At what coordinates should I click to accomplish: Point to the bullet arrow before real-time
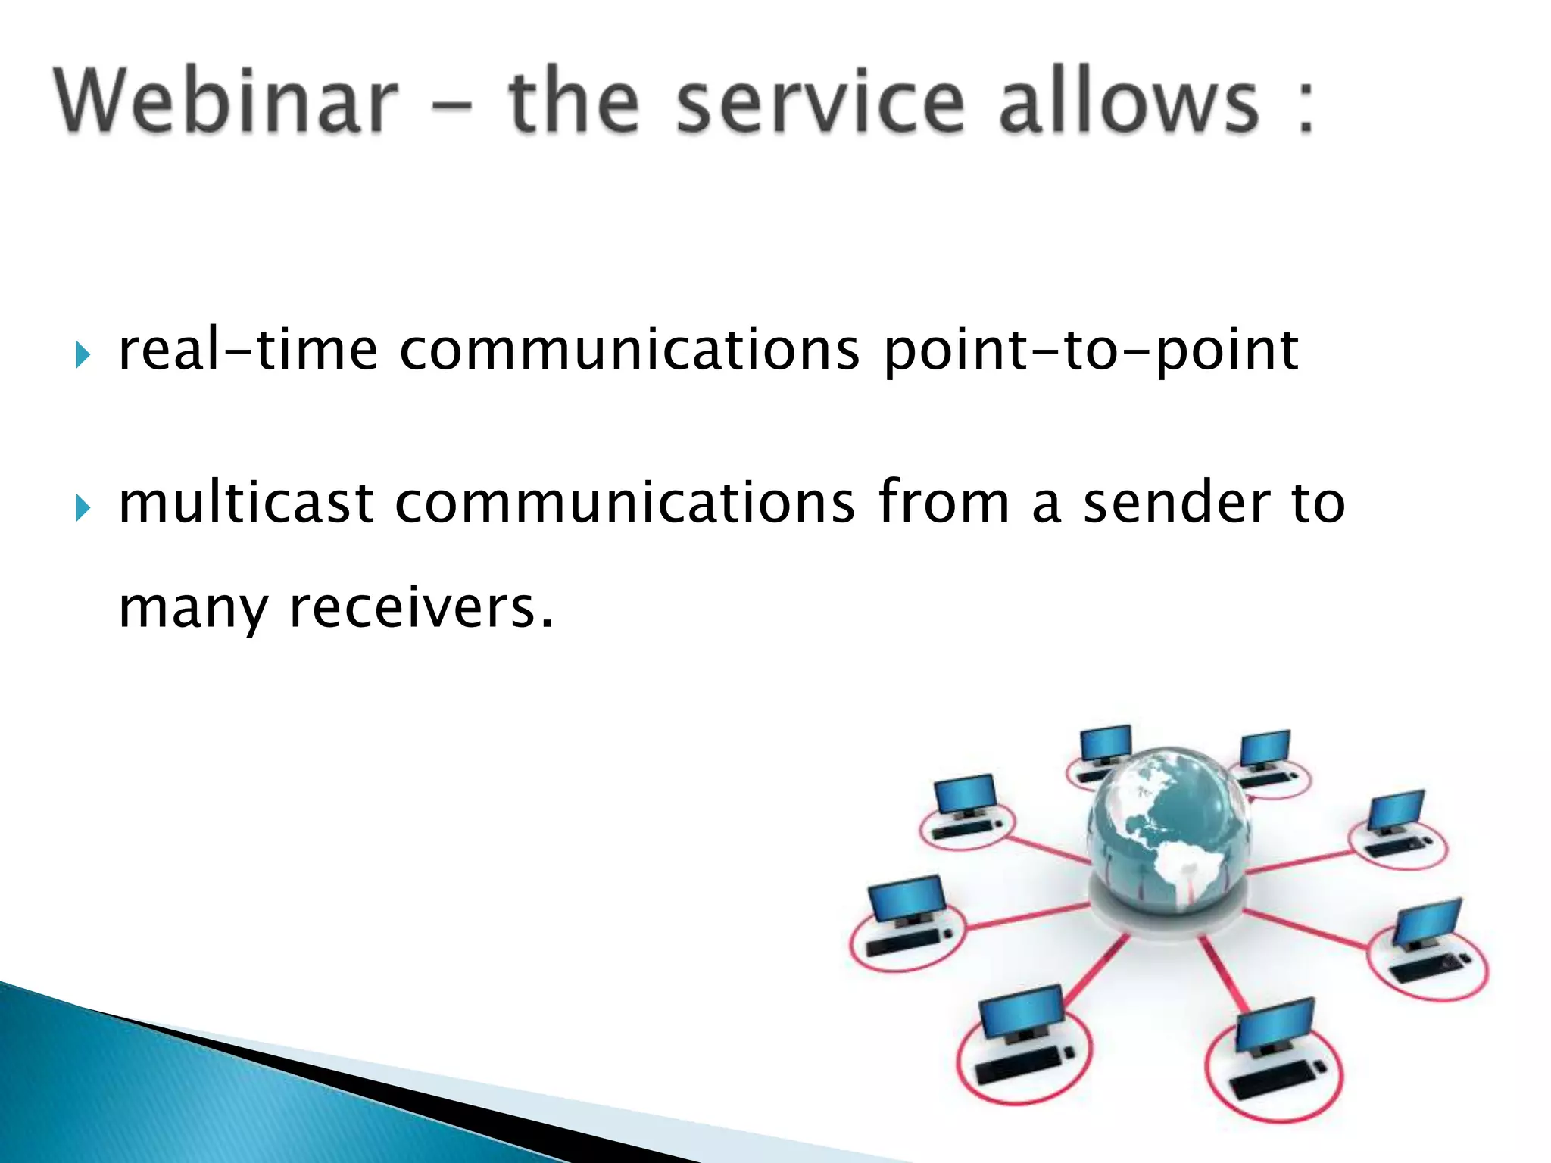83,354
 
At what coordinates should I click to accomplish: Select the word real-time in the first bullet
248,350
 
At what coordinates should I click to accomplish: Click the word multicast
246,503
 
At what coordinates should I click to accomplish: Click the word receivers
421,608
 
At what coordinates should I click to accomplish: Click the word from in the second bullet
944,503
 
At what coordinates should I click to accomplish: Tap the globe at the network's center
1169,833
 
